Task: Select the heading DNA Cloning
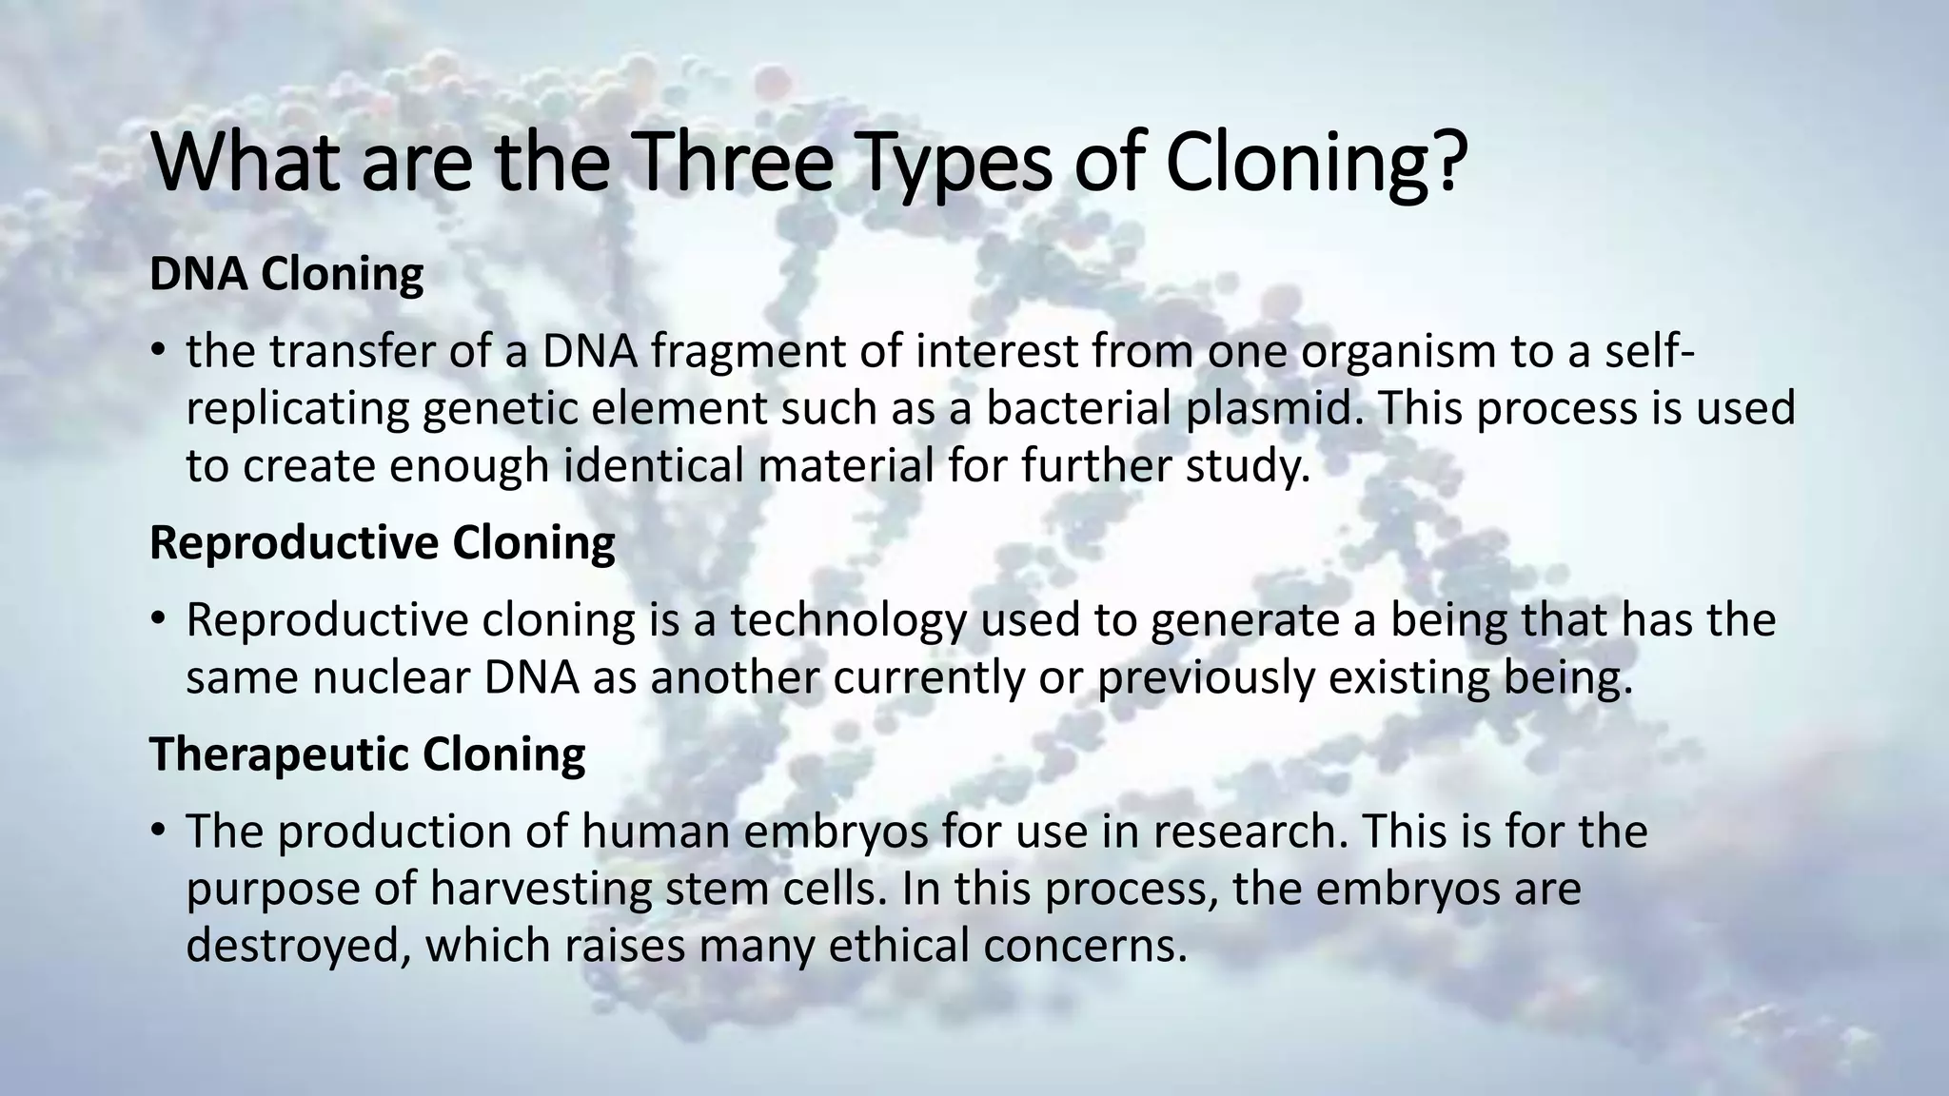coord(286,275)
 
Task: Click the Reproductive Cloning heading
coord(383,543)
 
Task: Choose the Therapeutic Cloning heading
coord(367,754)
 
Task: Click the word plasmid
coord(1274,410)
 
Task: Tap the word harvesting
coord(541,890)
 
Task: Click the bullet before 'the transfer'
coord(158,354)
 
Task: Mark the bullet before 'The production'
coord(158,832)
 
